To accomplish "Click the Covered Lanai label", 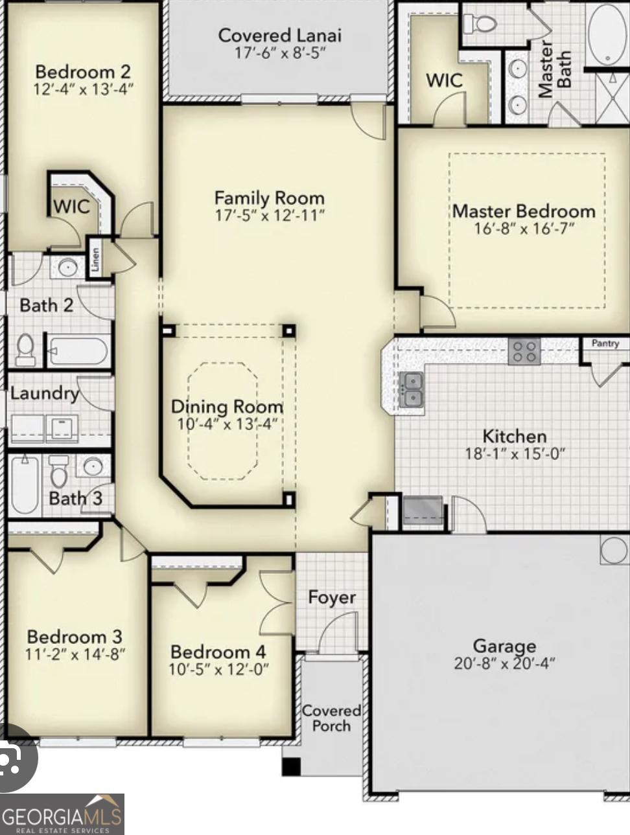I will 279,35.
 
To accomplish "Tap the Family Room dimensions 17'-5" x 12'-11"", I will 270,215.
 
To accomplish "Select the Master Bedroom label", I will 524,211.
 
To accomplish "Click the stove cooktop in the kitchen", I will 524,352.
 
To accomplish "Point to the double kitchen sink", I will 411,389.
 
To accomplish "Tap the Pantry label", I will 605,343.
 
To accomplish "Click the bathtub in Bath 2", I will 78,351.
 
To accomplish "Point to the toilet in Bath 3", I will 59,472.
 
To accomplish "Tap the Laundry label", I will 44,393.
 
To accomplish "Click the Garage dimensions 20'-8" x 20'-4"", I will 504,663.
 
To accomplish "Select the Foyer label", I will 331,597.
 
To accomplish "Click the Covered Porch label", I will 331,718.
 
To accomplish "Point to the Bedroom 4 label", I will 218,652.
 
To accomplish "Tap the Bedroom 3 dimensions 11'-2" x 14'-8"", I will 75,654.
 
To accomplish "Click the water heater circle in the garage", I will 613,550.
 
